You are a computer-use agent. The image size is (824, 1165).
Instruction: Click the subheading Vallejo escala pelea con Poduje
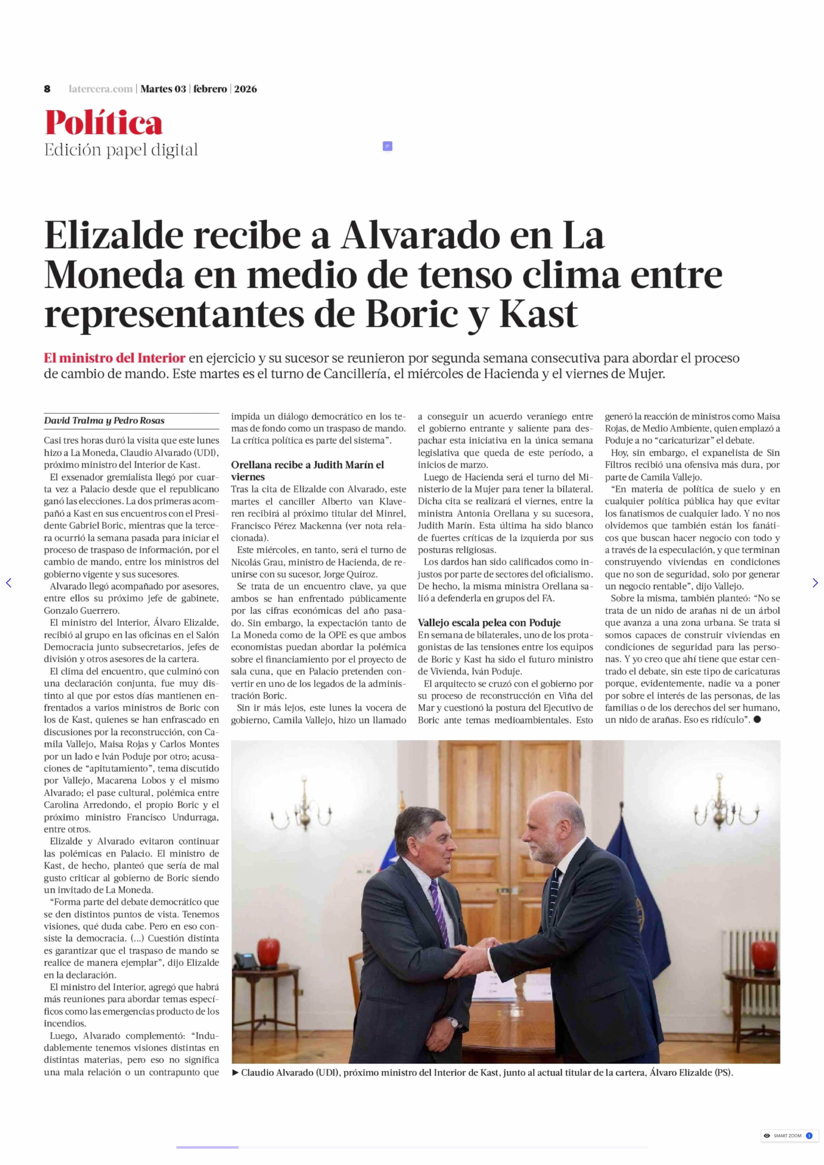pos(489,623)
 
